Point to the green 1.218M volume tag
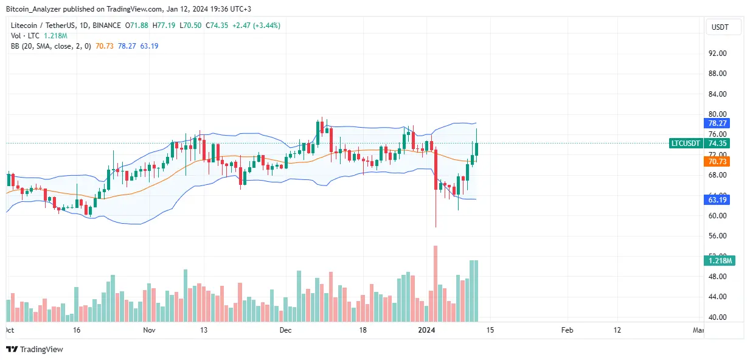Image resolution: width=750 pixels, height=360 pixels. pos(720,261)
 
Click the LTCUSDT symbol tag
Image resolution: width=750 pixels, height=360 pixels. pos(686,144)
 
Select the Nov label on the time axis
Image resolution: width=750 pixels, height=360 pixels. pos(150,330)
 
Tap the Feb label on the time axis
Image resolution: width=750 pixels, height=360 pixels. pos(567,330)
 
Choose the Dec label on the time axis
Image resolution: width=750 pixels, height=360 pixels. pos(286,330)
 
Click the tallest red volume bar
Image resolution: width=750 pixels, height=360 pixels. pos(435,283)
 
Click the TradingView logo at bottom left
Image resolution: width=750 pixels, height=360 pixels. pos(35,349)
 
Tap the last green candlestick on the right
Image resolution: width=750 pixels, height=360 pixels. pos(477,149)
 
